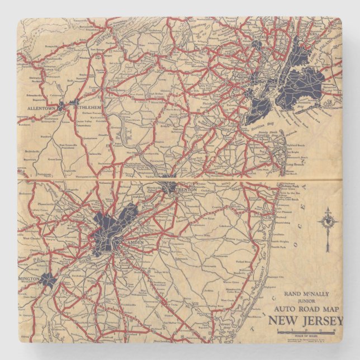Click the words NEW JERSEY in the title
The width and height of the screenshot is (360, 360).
click(304, 320)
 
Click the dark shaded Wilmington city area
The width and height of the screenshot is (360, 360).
click(47, 279)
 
